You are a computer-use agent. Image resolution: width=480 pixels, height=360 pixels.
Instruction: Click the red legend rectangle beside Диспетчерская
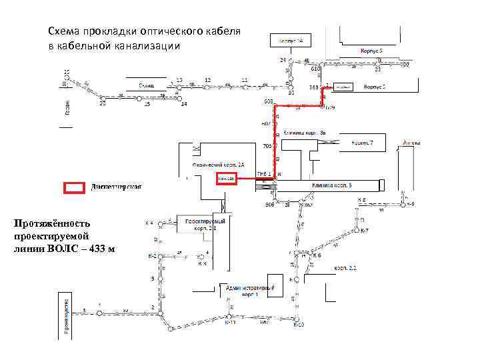click(74, 187)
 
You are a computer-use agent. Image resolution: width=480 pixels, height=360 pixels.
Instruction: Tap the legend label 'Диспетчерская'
click(116, 187)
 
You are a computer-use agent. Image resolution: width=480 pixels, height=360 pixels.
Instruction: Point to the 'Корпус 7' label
click(367, 143)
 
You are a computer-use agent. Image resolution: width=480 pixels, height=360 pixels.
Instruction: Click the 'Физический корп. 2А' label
click(219, 164)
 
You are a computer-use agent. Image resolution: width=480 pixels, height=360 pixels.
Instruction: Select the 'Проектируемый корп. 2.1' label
click(205, 223)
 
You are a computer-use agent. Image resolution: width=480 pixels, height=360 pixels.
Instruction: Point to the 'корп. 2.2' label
click(345, 268)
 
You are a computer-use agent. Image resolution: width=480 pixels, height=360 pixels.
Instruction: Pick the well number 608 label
click(269, 101)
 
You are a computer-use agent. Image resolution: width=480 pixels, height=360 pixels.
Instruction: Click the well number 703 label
click(268, 146)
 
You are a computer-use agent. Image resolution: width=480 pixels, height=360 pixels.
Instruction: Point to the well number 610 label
click(315, 69)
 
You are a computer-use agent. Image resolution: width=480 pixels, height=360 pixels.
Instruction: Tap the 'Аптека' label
click(412, 142)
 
